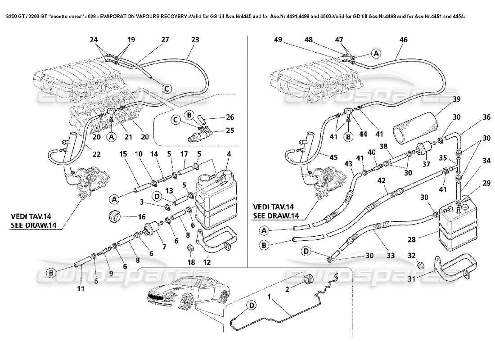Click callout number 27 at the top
(165, 40)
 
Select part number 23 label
(195, 40)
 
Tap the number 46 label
(403, 40)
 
